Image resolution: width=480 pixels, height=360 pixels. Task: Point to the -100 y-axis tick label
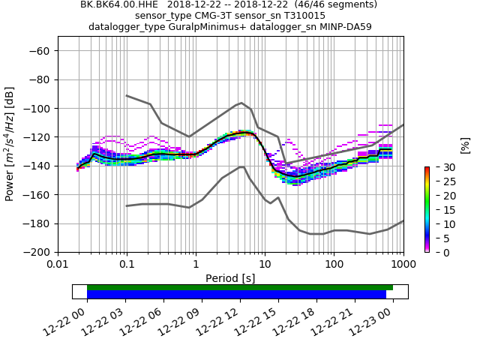click(37, 108)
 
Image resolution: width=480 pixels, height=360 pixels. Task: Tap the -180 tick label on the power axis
click(37, 223)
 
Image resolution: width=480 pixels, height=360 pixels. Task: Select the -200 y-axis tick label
click(37, 252)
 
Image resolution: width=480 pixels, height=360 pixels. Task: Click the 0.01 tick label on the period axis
click(58, 265)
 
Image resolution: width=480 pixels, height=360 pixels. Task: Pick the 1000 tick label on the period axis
click(403, 265)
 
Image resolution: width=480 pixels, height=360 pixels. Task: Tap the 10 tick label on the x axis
click(265, 265)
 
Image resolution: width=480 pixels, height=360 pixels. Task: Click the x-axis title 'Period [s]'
click(230, 278)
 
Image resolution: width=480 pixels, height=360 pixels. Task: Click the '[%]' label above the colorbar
click(464, 145)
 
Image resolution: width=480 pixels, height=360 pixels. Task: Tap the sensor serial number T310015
click(304, 16)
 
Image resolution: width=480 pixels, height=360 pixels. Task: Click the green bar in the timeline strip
click(240, 287)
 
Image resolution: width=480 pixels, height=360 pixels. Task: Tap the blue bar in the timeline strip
click(236, 295)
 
